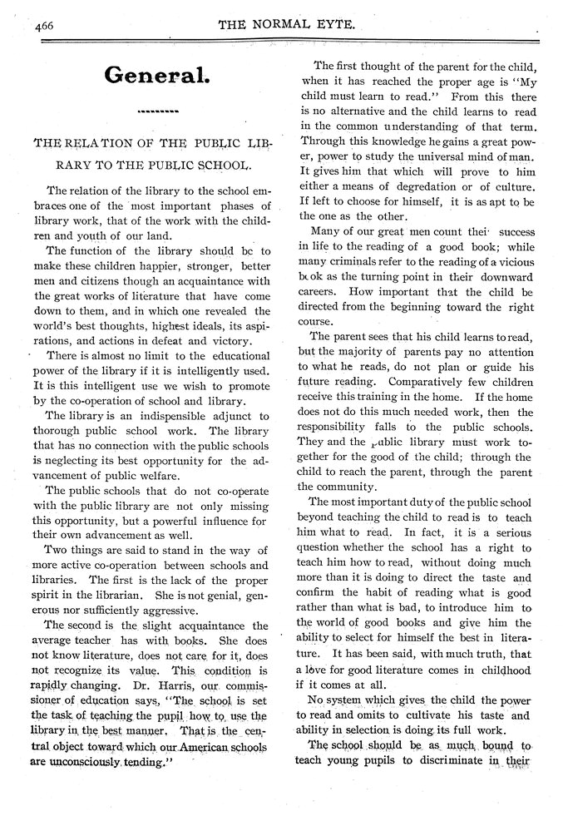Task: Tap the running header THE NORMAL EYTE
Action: point(287,26)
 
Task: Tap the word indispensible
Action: point(153,415)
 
